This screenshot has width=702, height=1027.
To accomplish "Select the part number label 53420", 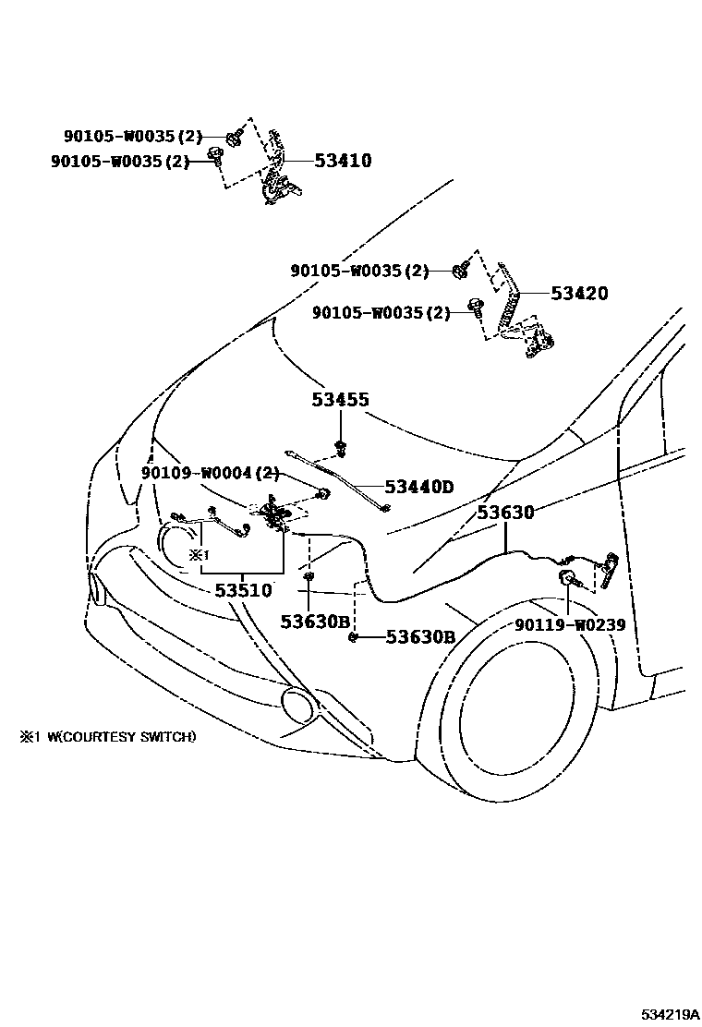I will click(x=579, y=294).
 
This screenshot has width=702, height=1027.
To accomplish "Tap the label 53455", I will click(x=340, y=400).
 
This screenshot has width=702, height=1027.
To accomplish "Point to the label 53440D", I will click(x=418, y=487).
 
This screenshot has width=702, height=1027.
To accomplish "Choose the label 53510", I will click(x=243, y=591).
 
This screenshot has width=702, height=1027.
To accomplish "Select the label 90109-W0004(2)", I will click(x=211, y=473).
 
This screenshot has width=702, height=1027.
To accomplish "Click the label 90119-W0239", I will click(x=570, y=625).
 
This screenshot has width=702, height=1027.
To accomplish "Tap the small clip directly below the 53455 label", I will click(x=340, y=449).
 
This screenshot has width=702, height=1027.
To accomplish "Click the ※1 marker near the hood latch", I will click(x=200, y=555).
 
